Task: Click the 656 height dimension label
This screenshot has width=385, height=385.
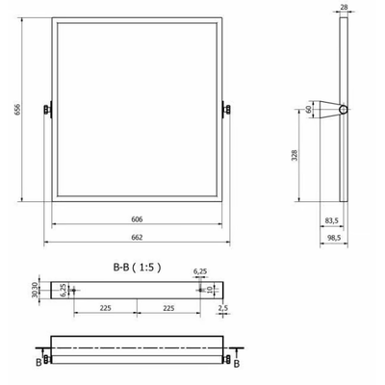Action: [x=17, y=109]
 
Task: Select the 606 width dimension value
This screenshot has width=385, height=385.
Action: [x=137, y=219]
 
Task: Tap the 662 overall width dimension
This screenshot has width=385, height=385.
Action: [x=137, y=238]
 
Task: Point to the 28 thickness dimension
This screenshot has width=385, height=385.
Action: [x=344, y=7]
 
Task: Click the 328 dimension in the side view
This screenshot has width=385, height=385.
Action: [x=295, y=155]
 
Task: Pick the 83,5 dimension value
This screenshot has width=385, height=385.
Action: [x=332, y=220]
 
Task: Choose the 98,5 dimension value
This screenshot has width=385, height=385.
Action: [x=333, y=238]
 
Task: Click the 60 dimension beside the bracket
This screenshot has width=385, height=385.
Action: [x=308, y=110]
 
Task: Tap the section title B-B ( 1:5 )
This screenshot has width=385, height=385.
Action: [x=137, y=267]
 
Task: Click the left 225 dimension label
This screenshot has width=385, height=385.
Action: [x=105, y=308]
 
